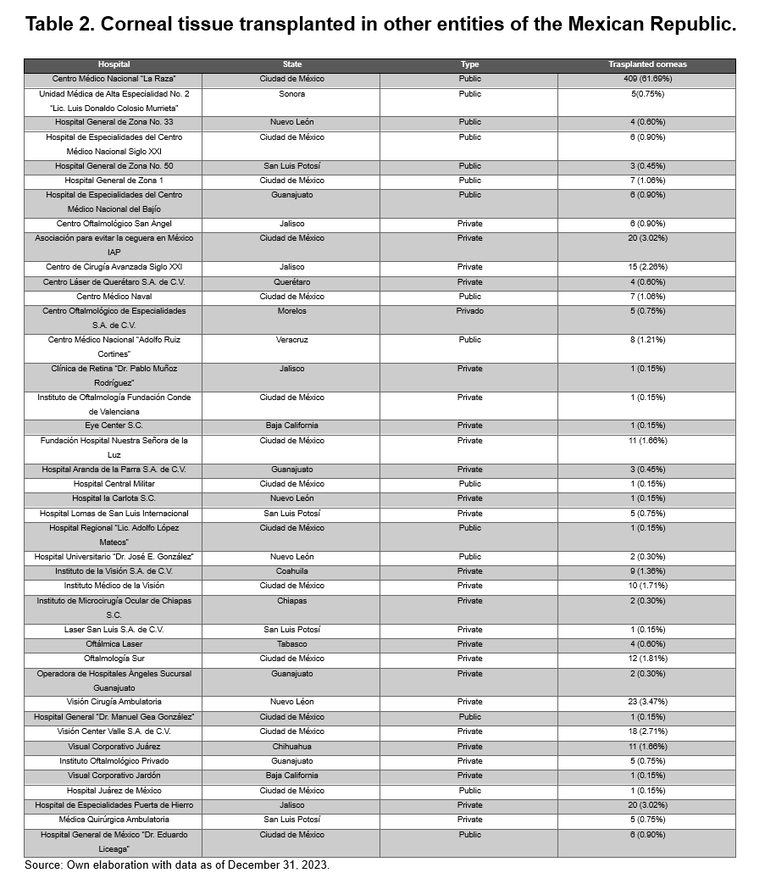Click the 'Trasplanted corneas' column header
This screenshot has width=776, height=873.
[647, 64]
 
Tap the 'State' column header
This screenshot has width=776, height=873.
[291, 64]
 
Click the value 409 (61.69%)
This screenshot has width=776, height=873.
[647, 79]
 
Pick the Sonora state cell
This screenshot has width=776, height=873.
[291, 94]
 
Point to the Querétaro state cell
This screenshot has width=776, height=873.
[291, 282]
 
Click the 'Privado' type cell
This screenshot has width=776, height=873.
[469, 311]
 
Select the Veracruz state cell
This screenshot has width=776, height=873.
[291, 340]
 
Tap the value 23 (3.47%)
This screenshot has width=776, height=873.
[647, 702]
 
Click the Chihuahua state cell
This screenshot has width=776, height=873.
[291, 747]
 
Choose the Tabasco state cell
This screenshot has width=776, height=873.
[291, 644]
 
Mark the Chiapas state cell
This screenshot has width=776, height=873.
[291, 601]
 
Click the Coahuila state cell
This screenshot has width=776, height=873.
[291, 571]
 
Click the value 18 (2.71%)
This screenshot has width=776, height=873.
[647, 731]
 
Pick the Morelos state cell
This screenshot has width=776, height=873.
[291, 311]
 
